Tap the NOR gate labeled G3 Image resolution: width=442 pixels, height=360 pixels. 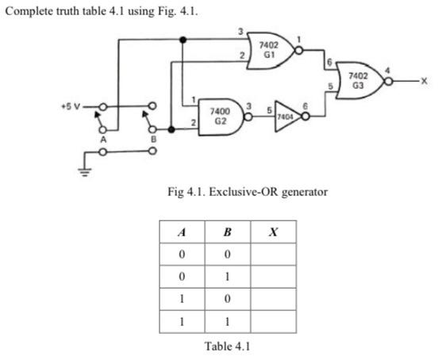tap(358, 80)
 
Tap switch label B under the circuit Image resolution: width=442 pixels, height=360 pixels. tap(155, 139)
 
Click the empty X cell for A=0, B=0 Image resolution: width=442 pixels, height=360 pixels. tap(274, 255)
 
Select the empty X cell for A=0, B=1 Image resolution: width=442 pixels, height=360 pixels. tap(274, 278)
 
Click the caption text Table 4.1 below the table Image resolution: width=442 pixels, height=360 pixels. tap(228, 345)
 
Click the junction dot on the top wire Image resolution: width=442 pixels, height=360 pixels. tap(183, 38)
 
